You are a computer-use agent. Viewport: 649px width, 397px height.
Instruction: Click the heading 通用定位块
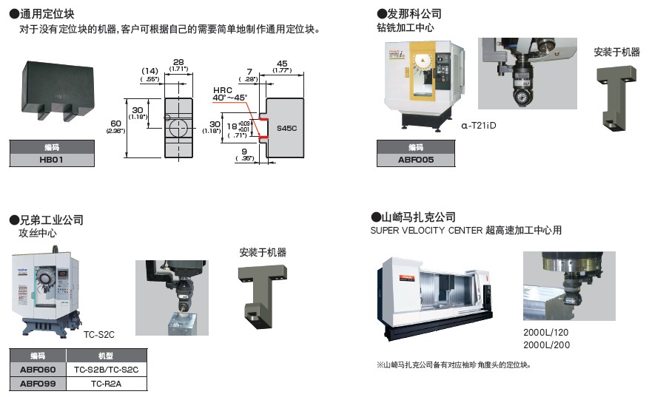coord(46,14)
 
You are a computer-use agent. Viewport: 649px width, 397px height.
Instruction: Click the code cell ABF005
coord(416,160)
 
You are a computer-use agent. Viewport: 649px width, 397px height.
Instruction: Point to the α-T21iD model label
coord(478,126)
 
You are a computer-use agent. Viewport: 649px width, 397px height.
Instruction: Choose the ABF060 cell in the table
coord(38,370)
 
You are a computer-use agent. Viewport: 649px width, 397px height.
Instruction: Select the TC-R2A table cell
coord(107,384)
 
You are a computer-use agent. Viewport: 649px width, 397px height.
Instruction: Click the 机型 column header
coord(107,356)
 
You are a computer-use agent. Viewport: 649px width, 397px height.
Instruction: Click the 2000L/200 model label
coord(546,345)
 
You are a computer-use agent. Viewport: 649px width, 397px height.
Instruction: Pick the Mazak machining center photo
coord(436,299)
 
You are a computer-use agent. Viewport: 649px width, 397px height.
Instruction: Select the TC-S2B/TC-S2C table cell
coord(107,370)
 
